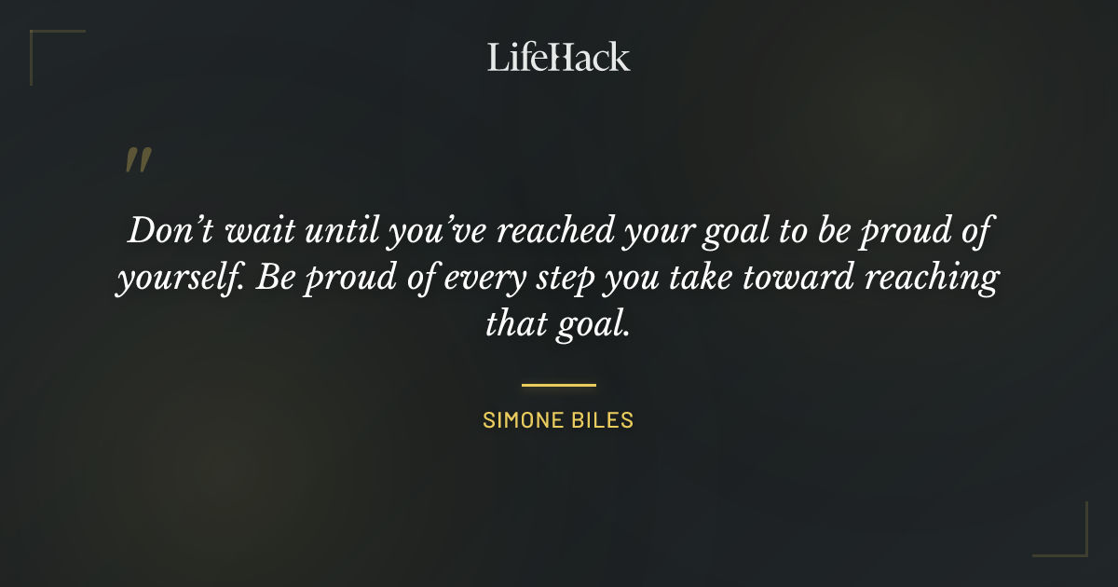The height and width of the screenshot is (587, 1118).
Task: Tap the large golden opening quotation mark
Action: click(137, 160)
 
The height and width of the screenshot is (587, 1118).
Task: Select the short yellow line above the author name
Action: click(558, 384)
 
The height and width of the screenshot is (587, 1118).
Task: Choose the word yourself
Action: click(170, 280)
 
